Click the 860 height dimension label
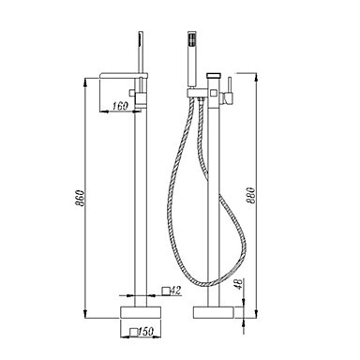(80, 198)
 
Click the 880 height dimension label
(251, 195)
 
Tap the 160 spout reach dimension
(120, 106)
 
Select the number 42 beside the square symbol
(176, 291)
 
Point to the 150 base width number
(146, 331)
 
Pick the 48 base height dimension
(239, 284)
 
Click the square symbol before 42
(166, 291)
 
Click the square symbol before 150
(134, 332)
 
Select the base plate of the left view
(141, 312)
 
